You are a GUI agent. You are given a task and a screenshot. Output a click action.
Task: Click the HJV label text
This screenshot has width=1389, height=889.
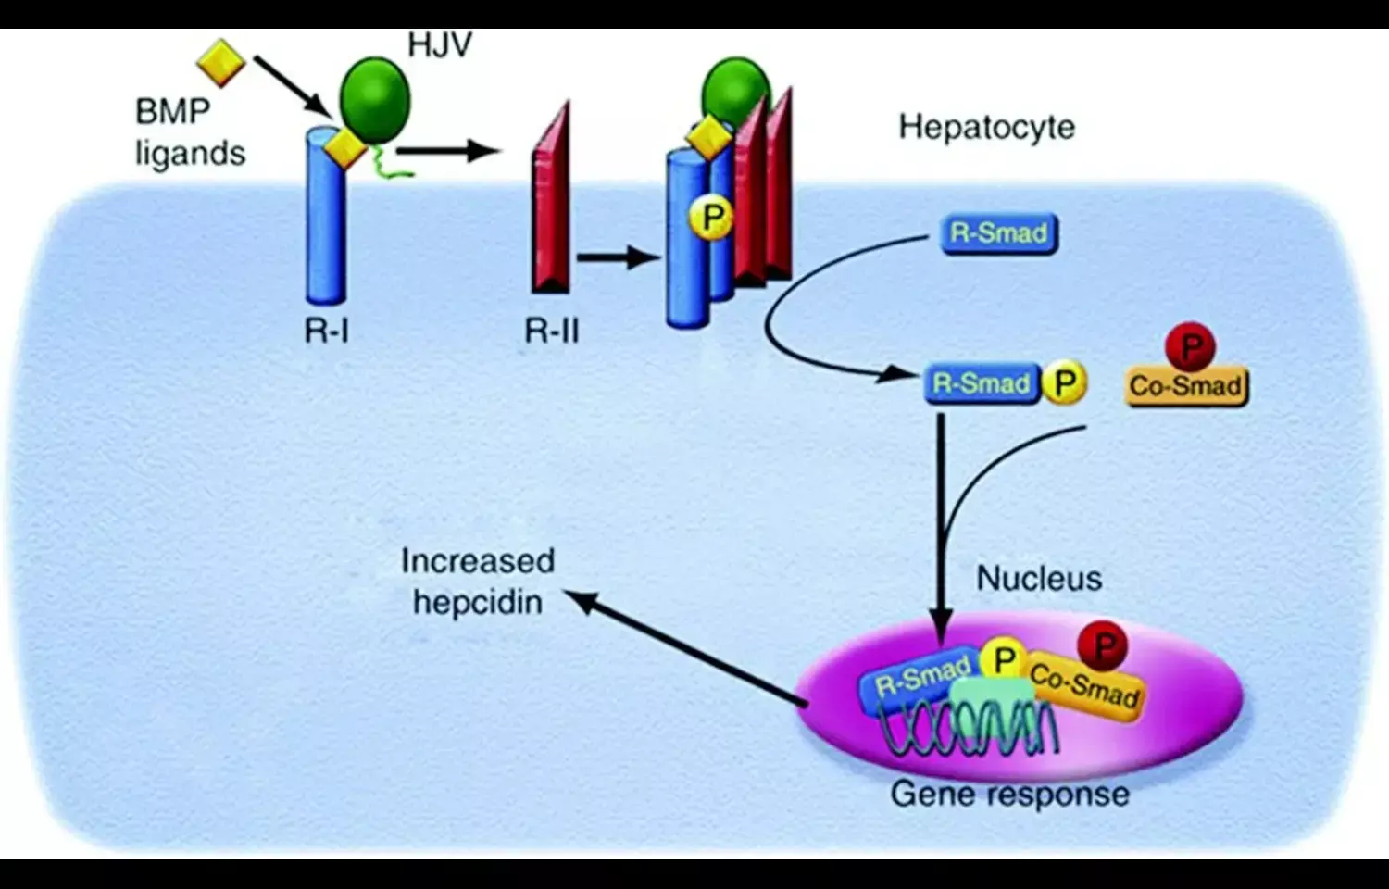(x=440, y=44)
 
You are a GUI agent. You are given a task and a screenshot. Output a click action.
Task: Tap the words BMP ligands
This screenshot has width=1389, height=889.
(x=190, y=131)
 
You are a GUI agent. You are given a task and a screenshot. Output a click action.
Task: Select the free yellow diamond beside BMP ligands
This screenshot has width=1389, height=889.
(x=221, y=63)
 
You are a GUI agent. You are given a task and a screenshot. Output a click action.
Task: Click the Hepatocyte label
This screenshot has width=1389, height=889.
(x=986, y=127)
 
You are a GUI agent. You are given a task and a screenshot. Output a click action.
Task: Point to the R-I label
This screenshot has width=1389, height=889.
(x=326, y=330)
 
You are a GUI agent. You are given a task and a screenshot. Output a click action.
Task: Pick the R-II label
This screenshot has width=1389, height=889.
(x=551, y=330)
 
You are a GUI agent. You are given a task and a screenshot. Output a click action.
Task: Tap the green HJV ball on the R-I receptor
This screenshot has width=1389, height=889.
(x=375, y=99)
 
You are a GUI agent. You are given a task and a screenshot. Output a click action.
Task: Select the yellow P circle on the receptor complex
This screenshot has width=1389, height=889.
(x=711, y=219)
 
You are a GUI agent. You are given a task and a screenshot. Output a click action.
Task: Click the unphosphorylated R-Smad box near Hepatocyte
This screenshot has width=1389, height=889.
(x=999, y=232)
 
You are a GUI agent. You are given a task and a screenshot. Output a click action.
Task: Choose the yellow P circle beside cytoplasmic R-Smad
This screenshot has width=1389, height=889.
(x=1064, y=382)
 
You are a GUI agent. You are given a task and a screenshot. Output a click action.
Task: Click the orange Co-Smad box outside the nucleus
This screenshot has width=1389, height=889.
(x=1186, y=385)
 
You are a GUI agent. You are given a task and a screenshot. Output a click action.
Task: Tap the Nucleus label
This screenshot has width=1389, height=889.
(x=1039, y=579)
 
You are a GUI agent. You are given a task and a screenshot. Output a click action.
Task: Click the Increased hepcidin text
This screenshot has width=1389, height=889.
(x=477, y=582)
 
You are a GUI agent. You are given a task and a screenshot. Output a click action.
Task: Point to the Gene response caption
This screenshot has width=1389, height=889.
(x=1009, y=795)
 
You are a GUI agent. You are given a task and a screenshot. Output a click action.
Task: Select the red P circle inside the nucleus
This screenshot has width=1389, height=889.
(x=1103, y=645)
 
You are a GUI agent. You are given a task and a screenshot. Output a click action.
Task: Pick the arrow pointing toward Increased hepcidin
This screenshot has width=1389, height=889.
(x=685, y=648)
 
